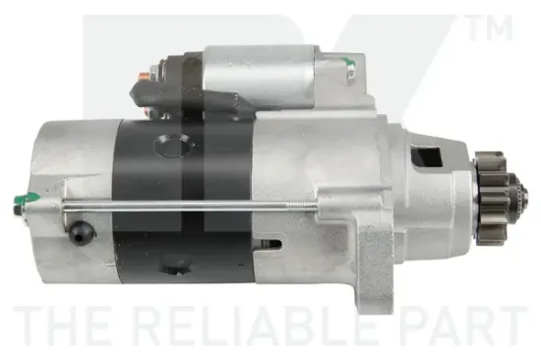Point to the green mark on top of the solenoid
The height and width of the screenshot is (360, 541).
[x=348, y=62]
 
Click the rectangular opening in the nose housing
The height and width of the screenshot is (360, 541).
[x=427, y=156]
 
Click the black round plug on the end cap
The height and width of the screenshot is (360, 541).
[x=81, y=232]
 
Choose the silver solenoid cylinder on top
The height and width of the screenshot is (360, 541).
[x=259, y=76]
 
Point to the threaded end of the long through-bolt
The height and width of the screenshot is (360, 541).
[x=301, y=206]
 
